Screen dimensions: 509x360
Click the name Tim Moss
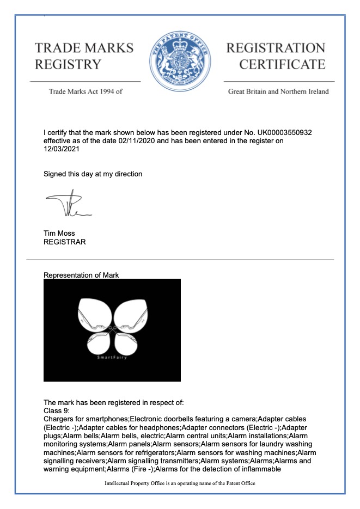(x=58, y=234)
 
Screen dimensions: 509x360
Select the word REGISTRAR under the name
(x=64, y=242)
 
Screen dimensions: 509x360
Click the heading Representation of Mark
(x=81, y=275)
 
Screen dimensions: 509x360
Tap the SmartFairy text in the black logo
(x=111, y=358)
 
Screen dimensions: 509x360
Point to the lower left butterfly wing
(x=99, y=343)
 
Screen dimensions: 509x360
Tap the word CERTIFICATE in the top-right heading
(x=282, y=65)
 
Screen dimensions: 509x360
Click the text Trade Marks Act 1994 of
(x=86, y=91)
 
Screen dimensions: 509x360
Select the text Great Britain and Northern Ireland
(x=278, y=91)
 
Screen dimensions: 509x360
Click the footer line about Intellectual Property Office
(x=180, y=483)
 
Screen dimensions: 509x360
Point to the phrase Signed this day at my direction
(x=93, y=174)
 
